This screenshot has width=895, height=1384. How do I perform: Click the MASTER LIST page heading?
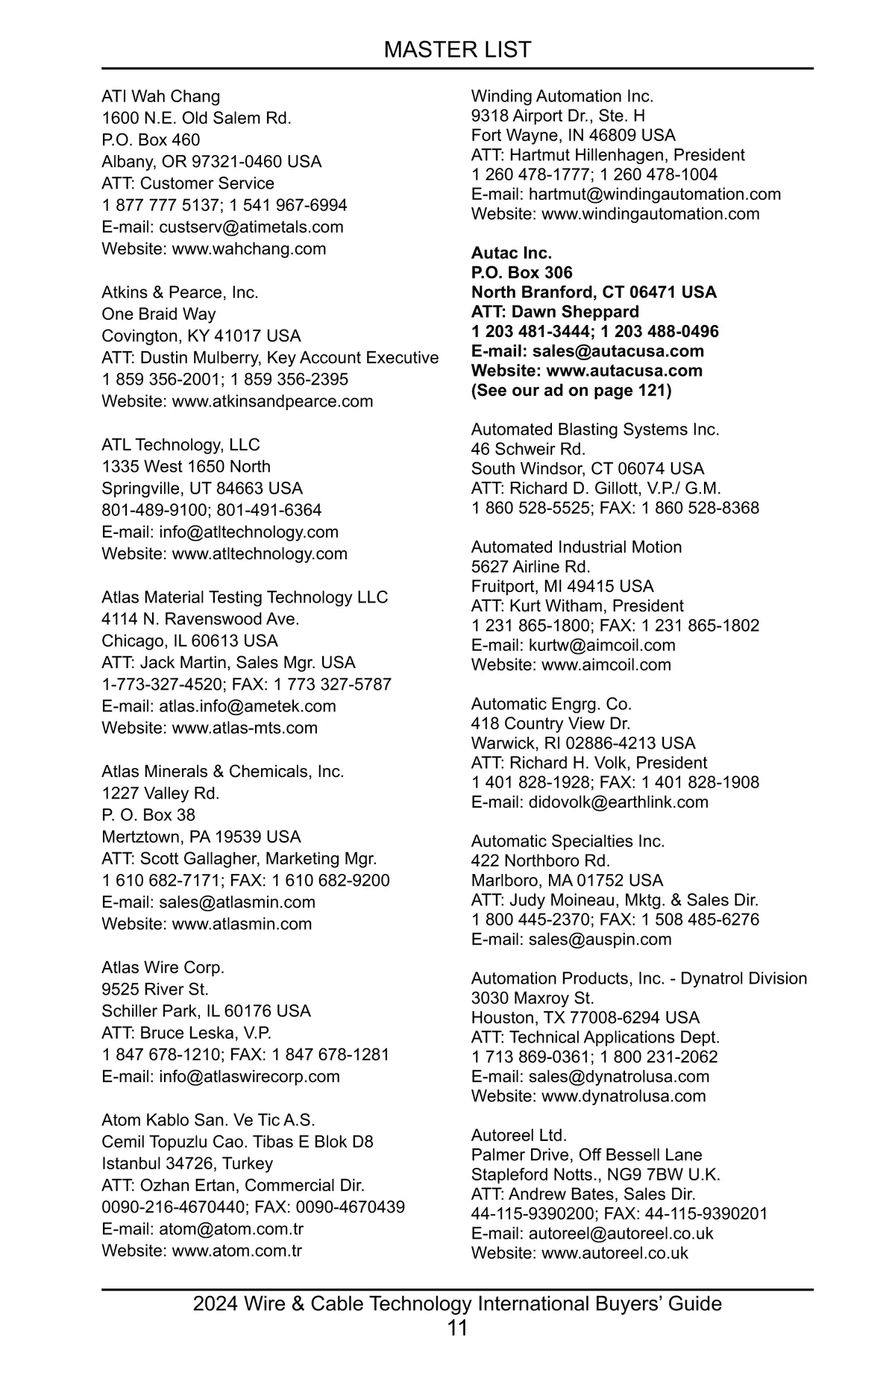[x=457, y=50]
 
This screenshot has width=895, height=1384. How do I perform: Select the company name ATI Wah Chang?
[x=161, y=96]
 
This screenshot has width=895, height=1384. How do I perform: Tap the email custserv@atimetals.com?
[x=251, y=227]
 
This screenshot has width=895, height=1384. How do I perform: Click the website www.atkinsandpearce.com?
[x=272, y=401]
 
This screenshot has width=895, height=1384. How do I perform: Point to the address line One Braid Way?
[x=159, y=314]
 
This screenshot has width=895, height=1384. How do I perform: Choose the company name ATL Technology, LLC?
[x=180, y=445]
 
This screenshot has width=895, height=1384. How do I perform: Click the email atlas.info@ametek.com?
[x=247, y=706]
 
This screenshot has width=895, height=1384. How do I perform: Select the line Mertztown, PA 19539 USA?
[x=201, y=837]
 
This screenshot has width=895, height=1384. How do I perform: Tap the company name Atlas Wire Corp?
[x=163, y=967]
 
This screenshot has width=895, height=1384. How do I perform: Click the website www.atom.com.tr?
[x=236, y=1251]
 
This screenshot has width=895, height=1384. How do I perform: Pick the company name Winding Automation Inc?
[x=562, y=96]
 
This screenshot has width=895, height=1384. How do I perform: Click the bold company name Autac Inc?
[x=512, y=253]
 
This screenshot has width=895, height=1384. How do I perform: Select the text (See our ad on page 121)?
[x=571, y=390]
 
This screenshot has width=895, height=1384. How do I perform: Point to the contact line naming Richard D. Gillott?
[x=596, y=488]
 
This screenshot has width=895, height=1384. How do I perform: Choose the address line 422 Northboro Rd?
[x=541, y=861]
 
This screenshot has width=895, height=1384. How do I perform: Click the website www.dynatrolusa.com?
[x=624, y=1096]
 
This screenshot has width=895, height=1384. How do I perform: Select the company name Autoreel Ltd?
[x=519, y=1135]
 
